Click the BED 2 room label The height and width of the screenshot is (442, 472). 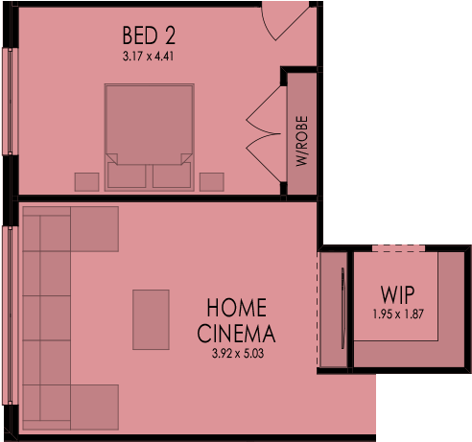(149, 35)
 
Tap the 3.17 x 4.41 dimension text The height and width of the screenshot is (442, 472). (148, 57)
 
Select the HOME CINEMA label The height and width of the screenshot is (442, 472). (236, 320)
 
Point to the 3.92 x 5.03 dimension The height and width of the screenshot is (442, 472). (238, 354)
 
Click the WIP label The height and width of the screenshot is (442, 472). (397, 294)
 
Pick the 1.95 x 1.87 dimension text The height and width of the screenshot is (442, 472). (398, 314)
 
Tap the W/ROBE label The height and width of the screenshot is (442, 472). (302, 141)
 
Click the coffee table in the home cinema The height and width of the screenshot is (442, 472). (151, 319)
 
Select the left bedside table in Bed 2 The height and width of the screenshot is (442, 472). (86, 182)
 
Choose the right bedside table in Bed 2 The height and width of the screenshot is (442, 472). (212, 182)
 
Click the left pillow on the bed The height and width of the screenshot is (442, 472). (127, 175)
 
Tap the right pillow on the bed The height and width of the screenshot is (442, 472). (172, 175)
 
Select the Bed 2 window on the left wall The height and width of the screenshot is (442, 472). (11, 102)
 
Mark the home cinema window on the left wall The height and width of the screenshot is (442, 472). (11, 315)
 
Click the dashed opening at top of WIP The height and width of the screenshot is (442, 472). (399, 248)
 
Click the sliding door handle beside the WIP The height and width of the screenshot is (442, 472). (343, 308)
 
